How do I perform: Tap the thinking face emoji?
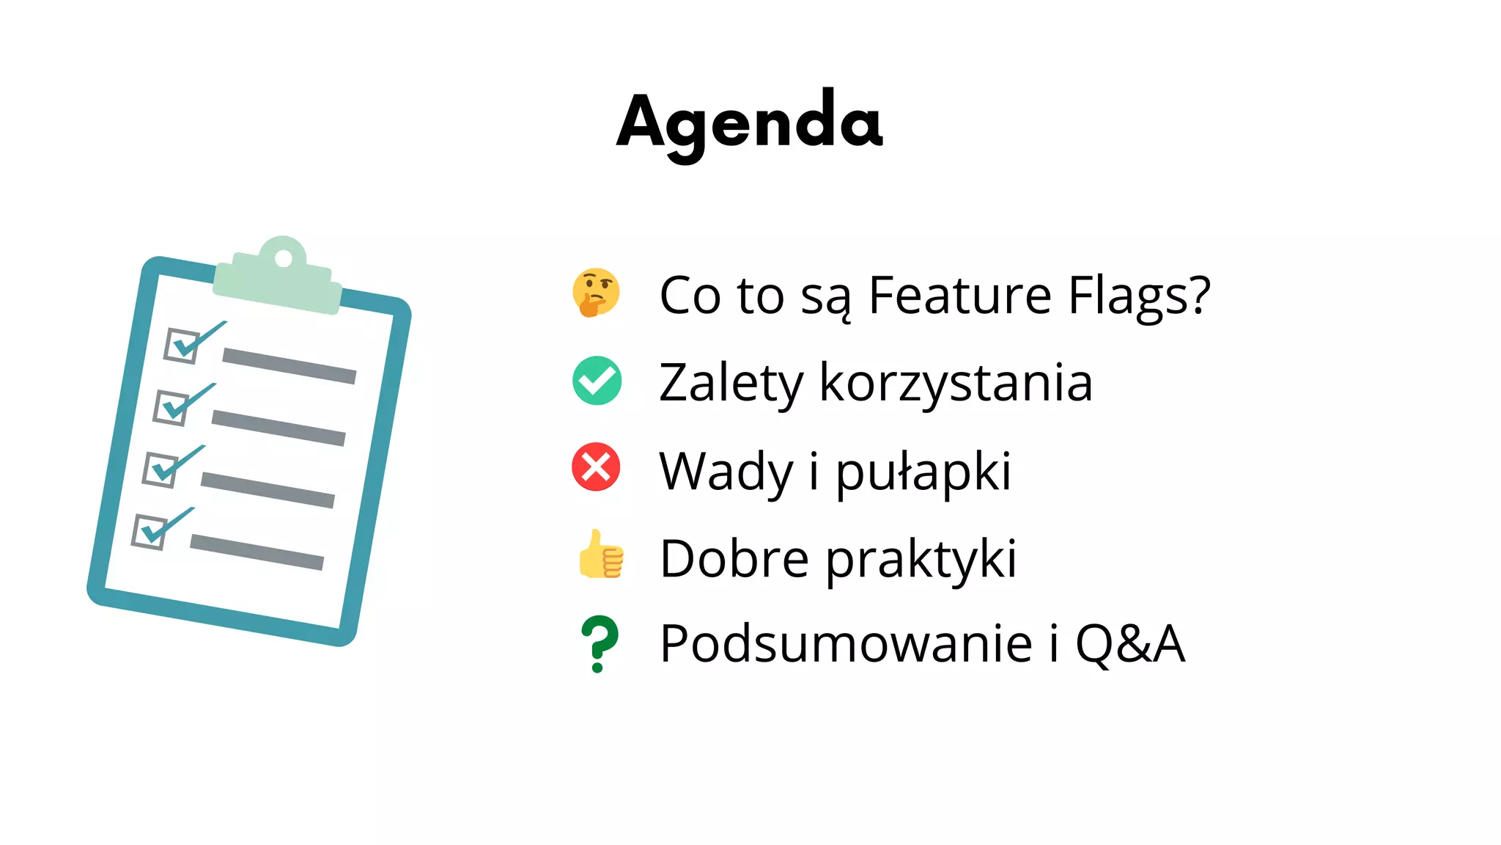coord(596,292)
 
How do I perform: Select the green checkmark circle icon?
coord(597,381)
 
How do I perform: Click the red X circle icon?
coord(596,467)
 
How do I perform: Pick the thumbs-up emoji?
coord(600,555)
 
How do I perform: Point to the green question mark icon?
coord(599,643)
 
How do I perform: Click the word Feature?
coord(959,295)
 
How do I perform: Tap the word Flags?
coord(1139,295)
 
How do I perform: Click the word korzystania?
coord(956,383)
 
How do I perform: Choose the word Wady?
coord(726,471)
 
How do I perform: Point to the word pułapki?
coord(923,471)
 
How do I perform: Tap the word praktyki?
coord(921,559)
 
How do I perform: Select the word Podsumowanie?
coord(847,643)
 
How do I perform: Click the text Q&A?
coord(1129,643)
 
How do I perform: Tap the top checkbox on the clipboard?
coord(181,345)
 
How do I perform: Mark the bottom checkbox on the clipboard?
coord(150,531)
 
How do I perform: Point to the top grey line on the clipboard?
coord(289,365)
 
